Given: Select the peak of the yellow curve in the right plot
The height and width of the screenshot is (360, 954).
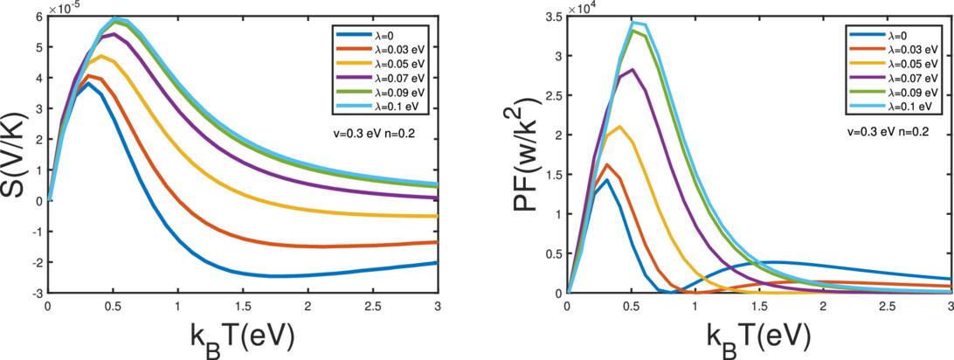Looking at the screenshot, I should coord(619,127).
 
